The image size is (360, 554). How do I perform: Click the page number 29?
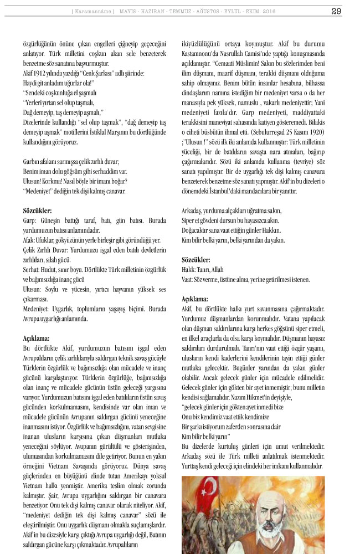point(336,11)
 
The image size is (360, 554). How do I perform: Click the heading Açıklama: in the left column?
point(37,337)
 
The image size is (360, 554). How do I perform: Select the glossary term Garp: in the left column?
point(30,220)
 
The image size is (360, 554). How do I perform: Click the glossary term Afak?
point(31,240)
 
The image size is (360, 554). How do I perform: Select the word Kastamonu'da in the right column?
point(202,56)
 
